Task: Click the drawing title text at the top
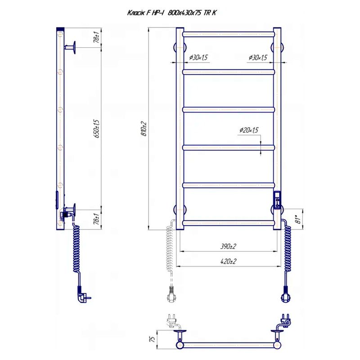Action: point(172,13)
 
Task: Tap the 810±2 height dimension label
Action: point(144,129)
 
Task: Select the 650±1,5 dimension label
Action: point(97,129)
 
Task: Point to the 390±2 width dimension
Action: point(228,246)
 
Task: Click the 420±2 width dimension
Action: point(228,261)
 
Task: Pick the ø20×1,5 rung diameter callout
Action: point(249,130)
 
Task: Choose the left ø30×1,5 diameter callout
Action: point(198,58)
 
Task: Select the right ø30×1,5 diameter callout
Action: point(258,58)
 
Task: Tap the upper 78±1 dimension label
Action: point(97,37)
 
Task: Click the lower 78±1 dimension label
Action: point(97,218)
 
